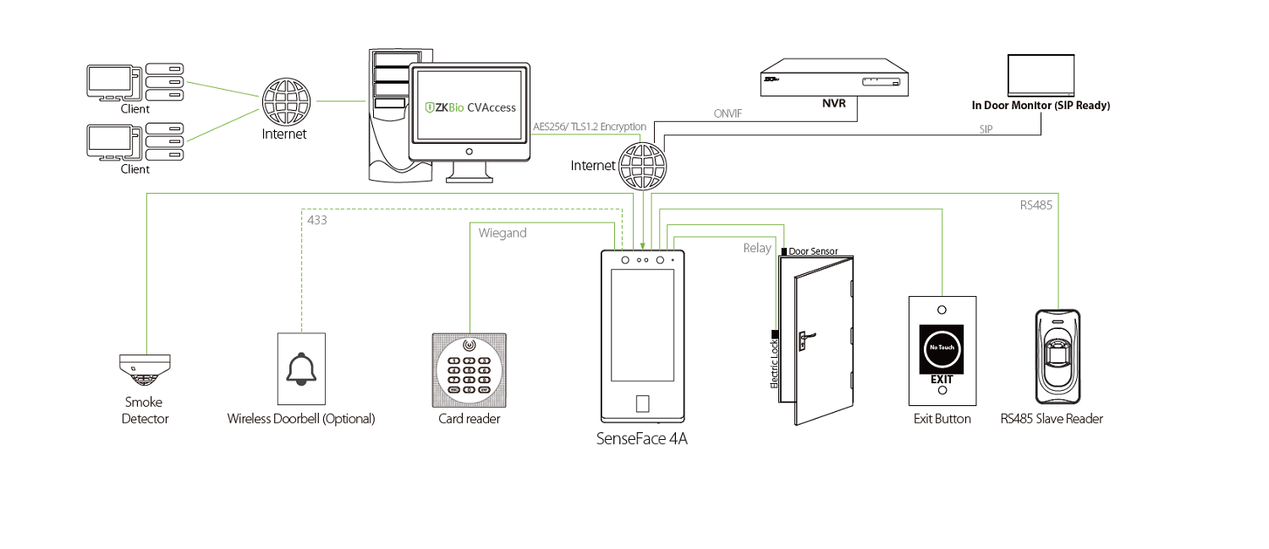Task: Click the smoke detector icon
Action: pyautogui.click(x=145, y=370)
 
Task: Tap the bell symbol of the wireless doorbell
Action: pyautogui.click(x=300, y=369)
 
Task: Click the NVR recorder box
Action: pyautogui.click(x=835, y=76)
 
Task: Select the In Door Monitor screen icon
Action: pyautogui.click(x=1041, y=75)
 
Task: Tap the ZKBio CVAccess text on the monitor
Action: pyautogui.click(x=470, y=107)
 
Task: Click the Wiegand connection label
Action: pyautogui.click(x=503, y=233)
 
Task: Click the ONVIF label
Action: pyautogui.click(x=728, y=113)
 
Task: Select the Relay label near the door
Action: pyautogui.click(x=757, y=248)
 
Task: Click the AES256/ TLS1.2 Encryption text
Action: pyautogui.click(x=590, y=127)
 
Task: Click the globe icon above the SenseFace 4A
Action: pyautogui.click(x=642, y=165)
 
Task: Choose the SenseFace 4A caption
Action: pyautogui.click(x=642, y=439)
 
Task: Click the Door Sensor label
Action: pyautogui.click(x=813, y=251)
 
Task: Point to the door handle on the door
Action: pyautogui.click(x=803, y=338)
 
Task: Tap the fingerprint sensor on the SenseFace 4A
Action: pyautogui.click(x=642, y=403)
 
